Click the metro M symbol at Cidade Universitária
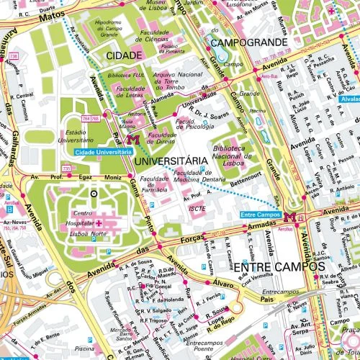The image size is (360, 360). [131, 140]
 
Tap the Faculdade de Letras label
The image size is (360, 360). [132, 91]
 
